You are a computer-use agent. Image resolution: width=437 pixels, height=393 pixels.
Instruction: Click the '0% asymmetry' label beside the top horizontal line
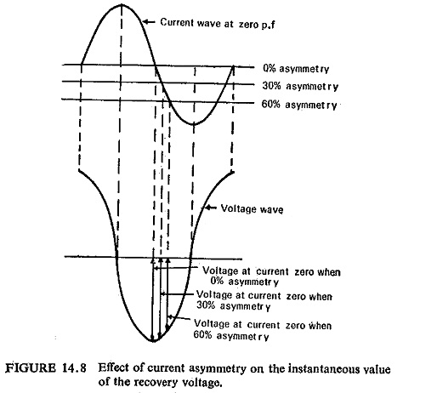point(296,69)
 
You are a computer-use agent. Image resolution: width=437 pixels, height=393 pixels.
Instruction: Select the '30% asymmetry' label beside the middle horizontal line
point(300,86)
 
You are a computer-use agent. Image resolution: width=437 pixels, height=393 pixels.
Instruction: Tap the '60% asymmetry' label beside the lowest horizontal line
point(299,105)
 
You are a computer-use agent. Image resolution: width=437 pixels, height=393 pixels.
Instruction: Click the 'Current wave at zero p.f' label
point(218,23)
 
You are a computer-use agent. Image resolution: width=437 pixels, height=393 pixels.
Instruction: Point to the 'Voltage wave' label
point(252,209)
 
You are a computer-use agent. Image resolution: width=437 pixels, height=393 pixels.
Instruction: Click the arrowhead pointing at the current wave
point(145,21)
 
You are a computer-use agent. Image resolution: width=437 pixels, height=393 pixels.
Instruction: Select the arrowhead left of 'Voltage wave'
point(207,208)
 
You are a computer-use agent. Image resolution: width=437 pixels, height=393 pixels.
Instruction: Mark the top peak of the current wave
point(122,4)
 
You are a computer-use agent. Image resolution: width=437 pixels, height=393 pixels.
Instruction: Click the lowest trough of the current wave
point(194,124)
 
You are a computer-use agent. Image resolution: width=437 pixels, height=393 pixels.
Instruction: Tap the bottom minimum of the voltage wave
point(153,341)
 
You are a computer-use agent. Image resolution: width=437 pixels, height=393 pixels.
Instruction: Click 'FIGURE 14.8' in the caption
point(46,368)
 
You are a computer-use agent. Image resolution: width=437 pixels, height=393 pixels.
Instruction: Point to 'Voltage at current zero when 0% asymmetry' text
point(271,276)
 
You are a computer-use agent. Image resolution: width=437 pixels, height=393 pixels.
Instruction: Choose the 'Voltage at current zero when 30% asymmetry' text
point(264,301)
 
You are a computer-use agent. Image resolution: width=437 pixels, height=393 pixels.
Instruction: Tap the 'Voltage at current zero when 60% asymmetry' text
point(263,330)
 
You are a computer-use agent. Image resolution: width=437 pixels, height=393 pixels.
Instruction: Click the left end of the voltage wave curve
point(79,170)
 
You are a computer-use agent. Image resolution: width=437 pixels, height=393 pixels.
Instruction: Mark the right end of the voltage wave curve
point(233,172)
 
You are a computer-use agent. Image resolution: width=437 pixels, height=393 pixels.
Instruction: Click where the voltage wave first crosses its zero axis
point(116,257)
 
